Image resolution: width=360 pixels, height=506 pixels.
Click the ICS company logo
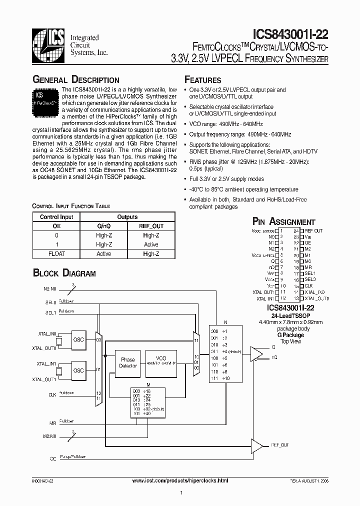click(48, 43)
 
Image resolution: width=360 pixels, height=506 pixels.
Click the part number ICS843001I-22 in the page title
click(286, 34)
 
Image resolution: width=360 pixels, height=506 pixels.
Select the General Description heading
click(75, 80)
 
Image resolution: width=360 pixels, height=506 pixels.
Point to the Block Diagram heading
click(64, 273)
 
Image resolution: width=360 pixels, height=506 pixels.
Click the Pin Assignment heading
click(283, 221)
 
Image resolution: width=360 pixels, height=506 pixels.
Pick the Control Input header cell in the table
click(56, 217)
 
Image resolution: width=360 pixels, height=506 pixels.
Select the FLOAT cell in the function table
click(56, 254)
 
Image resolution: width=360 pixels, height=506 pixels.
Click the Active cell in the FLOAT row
click(103, 254)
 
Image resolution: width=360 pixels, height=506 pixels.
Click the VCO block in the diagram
click(161, 362)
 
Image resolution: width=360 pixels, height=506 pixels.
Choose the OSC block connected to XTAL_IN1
click(78, 370)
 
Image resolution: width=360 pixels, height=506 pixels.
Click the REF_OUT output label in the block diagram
click(280, 444)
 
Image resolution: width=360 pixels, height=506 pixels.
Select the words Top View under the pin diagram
click(290, 341)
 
